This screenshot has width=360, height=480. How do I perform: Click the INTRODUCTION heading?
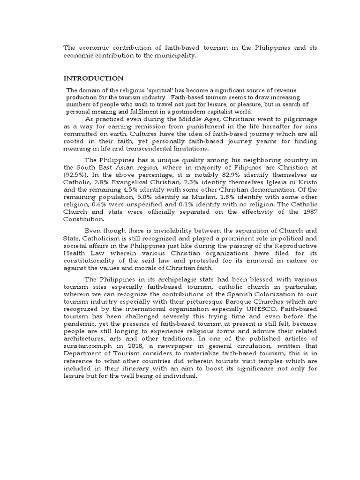(93, 78)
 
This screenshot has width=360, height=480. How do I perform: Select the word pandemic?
(79, 324)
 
